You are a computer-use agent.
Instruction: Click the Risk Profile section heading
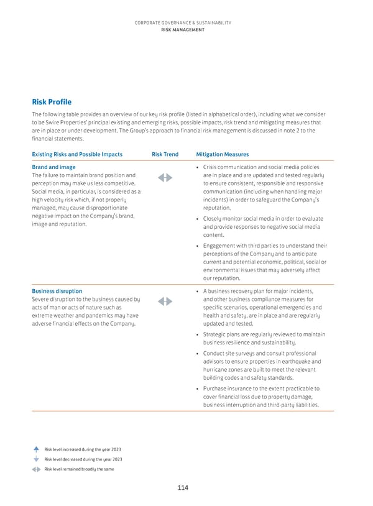coord(52,102)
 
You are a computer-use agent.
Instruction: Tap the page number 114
coord(182,488)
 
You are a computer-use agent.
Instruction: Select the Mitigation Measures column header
coord(222,154)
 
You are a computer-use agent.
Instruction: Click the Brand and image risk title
coord(53,167)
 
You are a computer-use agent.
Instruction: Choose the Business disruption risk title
coord(57,291)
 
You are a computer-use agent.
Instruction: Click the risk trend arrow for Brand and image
coord(165,178)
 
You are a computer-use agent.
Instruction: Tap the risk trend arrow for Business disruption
coord(165,301)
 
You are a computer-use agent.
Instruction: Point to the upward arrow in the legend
coord(37,449)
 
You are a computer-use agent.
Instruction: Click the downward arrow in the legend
coord(37,459)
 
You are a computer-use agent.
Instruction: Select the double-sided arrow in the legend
coord(37,469)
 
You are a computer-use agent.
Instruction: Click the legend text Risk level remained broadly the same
coord(79,469)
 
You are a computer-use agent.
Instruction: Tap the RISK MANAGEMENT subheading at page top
coord(183,29)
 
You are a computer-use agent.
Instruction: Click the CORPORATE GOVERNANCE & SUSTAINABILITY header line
coord(183,22)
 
